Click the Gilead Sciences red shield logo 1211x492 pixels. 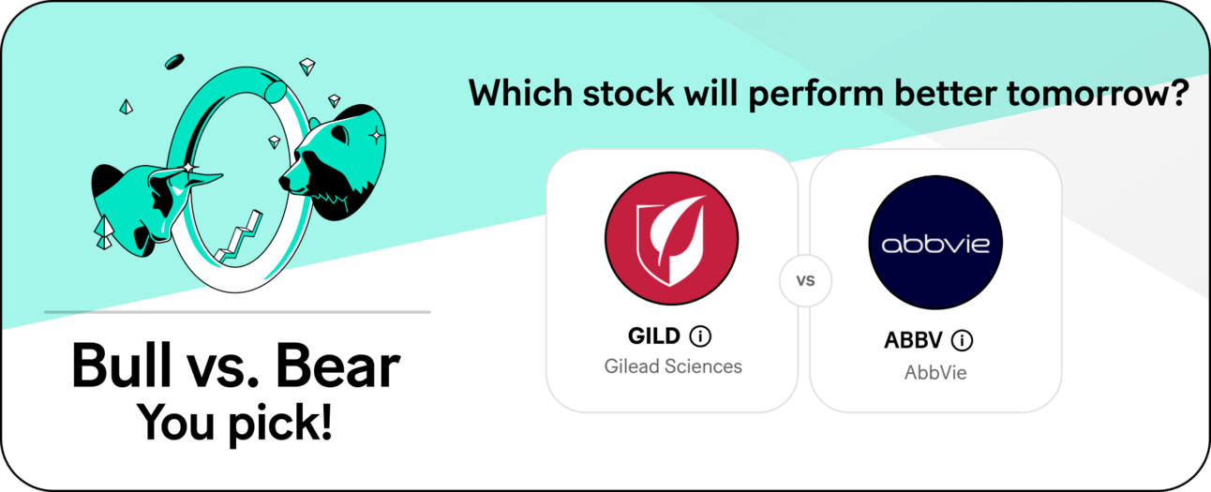point(671,238)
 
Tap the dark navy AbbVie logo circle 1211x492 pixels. point(935,242)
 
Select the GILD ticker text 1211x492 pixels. point(653,336)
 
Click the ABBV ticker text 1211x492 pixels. point(913,340)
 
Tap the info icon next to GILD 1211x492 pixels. point(700,336)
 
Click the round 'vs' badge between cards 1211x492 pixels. point(805,280)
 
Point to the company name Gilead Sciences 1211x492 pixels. point(673,366)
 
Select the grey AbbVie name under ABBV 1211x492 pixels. point(935,373)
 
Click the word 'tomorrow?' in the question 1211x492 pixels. point(1098,94)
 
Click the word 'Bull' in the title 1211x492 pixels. point(122,366)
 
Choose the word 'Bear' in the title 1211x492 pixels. point(337,366)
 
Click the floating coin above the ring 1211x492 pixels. point(174,62)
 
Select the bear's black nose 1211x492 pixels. point(284,182)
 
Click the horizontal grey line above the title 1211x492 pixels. point(237,312)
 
